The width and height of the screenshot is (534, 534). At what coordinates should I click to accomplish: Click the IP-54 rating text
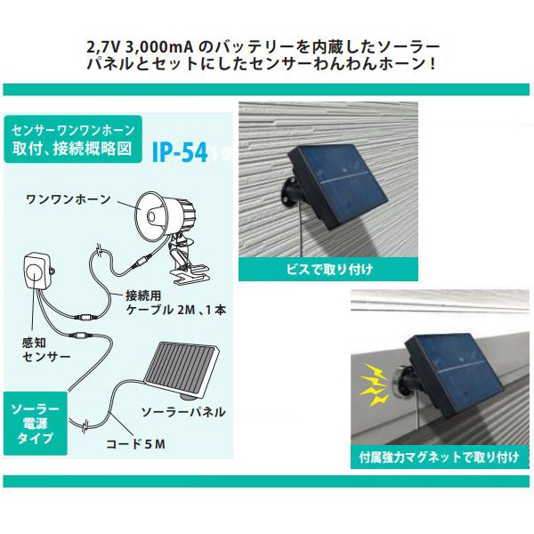pyautogui.click(x=181, y=153)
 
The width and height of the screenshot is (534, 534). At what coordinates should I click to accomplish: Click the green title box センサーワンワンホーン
pyautogui.click(x=74, y=138)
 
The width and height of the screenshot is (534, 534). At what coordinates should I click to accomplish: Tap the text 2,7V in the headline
pyautogui.click(x=108, y=45)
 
